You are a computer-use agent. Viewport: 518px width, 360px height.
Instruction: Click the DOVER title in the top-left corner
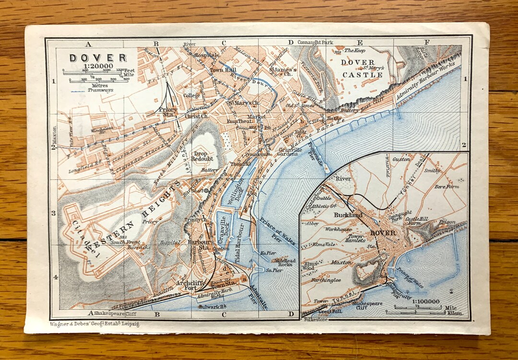pos(98,58)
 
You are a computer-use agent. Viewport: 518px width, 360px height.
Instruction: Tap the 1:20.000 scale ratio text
pos(98,66)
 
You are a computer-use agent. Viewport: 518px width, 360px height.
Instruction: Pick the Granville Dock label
pos(222,229)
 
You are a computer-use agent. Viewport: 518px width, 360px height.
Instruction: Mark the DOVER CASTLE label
pos(362,68)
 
